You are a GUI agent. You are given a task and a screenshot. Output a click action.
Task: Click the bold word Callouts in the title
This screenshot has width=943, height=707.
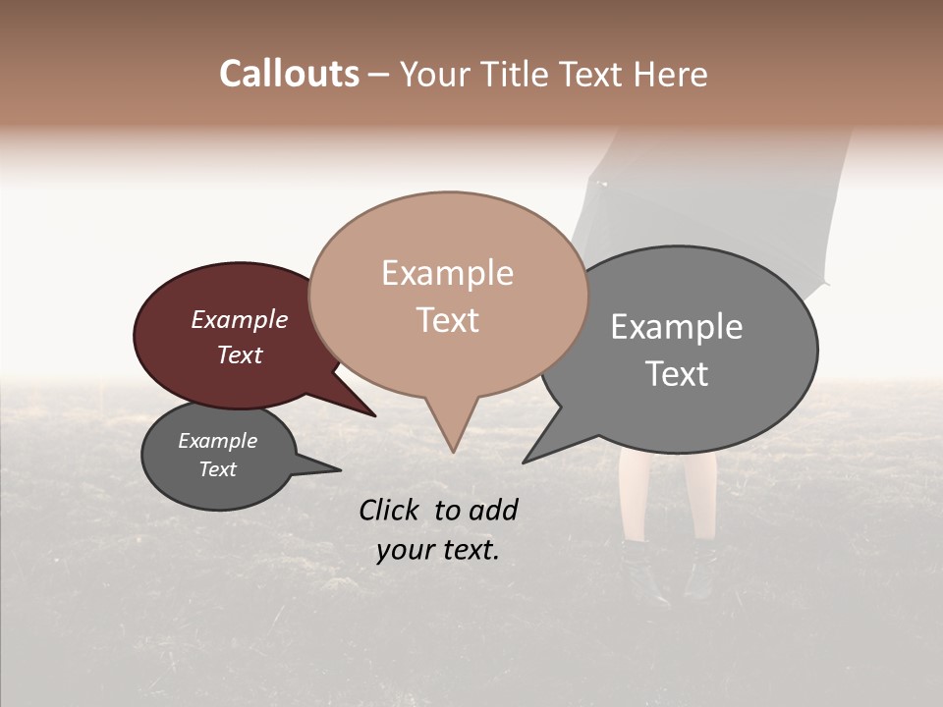(289, 74)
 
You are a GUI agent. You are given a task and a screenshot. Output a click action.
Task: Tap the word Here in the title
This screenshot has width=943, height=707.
(668, 74)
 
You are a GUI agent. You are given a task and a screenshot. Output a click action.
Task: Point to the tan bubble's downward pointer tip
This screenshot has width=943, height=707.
(453, 452)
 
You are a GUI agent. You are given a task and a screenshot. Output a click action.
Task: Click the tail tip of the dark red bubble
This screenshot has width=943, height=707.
(375, 416)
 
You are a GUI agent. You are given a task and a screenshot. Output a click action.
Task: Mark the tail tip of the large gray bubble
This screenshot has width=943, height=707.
(523, 462)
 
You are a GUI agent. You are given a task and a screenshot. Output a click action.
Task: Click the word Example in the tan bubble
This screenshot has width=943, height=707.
(448, 273)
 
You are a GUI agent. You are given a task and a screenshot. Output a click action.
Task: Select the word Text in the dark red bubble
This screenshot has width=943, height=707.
(240, 355)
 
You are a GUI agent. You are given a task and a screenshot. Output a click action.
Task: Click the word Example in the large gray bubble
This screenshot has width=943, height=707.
(677, 327)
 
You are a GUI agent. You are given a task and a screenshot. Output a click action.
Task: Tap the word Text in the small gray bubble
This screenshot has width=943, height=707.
(218, 469)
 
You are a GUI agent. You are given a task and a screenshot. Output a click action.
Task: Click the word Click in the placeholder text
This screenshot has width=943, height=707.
(391, 510)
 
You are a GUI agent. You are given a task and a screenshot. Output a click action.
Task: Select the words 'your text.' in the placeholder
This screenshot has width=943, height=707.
(438, 551)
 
